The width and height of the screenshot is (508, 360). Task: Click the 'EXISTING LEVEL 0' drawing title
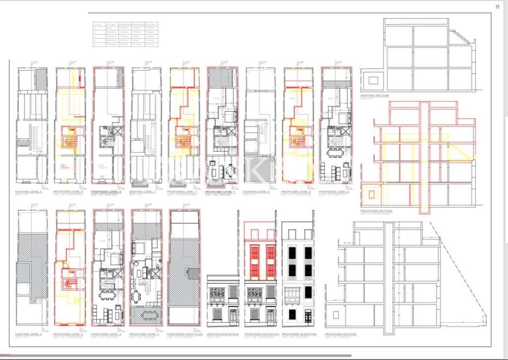tap(29, 191)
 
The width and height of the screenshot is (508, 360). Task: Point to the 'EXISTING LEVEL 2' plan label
tap(257, 191)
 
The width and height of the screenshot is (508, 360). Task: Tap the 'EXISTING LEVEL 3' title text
tap(29, 334)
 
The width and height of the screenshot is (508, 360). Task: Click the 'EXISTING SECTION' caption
tap(375, 95)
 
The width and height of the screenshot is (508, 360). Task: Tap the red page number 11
tap(498, 6)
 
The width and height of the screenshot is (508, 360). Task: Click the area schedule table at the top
tap(126, 34)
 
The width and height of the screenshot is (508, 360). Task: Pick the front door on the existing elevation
tap(233, 314)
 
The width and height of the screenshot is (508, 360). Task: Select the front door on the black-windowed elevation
tap(308, 314)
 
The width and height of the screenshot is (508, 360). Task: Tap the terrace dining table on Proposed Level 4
tap(147, 314)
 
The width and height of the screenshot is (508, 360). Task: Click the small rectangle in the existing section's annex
tap(373, 79)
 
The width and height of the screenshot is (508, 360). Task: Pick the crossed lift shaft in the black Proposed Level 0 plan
tap(117, 131)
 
